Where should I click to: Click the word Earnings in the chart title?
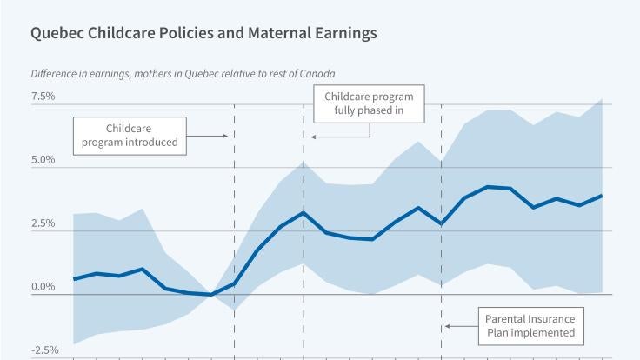pos(343,33)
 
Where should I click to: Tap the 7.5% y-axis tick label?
pos(43,96)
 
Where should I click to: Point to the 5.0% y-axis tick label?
pos(43,160)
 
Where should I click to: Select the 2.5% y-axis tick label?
pos(43,223)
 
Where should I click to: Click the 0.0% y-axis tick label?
pos(43,287)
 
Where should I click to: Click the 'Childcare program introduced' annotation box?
pos(130,135)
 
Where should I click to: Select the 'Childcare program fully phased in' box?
pos(369,104)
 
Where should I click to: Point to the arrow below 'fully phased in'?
pos(339,137)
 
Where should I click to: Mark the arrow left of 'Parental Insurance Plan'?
pos(461,326)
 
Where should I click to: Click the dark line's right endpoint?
pos(602,196)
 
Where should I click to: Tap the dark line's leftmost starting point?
pos(74,279)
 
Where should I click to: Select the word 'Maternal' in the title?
pos(271,33)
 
